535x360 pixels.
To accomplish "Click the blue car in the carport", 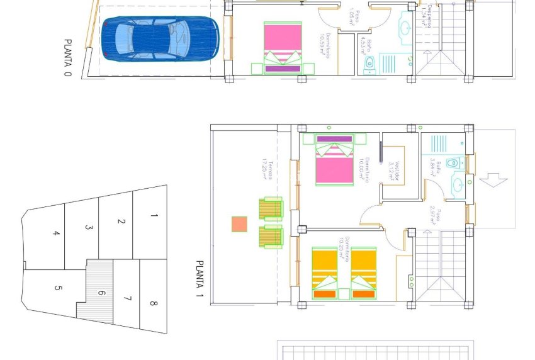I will click(160, 38).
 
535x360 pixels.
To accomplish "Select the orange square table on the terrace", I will click(239, 224).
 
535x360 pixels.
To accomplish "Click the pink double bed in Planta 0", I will click(281, 46).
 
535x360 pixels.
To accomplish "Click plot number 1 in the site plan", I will click(154, 215).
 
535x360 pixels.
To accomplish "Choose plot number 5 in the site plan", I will click(59, 289).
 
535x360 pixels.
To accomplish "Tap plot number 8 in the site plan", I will click(154, 304).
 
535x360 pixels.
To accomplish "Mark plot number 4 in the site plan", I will click(57, 233).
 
